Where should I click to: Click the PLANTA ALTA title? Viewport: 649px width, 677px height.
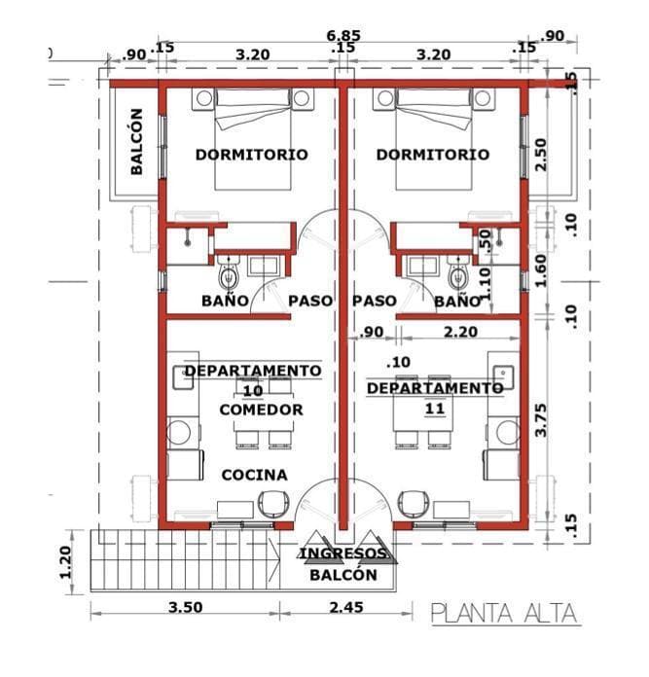coord(505,613)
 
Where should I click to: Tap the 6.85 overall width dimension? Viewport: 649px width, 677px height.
coord(343,35)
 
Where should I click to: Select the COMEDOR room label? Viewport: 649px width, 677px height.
coord(261,410)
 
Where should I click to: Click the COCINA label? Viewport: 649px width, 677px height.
coord(254,475)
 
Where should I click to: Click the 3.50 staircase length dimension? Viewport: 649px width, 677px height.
coord(185,608)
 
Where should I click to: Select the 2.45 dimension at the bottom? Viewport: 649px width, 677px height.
coord(346,608)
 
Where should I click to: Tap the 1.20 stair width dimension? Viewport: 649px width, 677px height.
coord(65,562)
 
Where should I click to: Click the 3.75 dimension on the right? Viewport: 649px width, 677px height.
coord(541,420)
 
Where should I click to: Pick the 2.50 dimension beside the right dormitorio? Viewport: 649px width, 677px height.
coord(541,155)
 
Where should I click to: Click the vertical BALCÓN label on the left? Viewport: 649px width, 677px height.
coord(137,142)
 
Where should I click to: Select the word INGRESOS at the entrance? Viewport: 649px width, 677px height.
coord(343,553)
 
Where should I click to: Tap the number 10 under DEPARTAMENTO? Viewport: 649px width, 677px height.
coord(253,391)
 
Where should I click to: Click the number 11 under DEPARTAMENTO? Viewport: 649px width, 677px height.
coord(435,408)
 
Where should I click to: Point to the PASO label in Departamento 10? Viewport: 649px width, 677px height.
coord(310,301)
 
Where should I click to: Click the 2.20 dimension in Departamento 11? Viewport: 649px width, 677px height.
coord(461,332)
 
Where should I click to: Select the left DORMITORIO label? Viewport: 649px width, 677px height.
coord(252,154)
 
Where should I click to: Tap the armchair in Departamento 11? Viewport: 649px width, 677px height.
coord(414,504)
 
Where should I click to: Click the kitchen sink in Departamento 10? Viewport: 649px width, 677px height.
coord(183,377)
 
